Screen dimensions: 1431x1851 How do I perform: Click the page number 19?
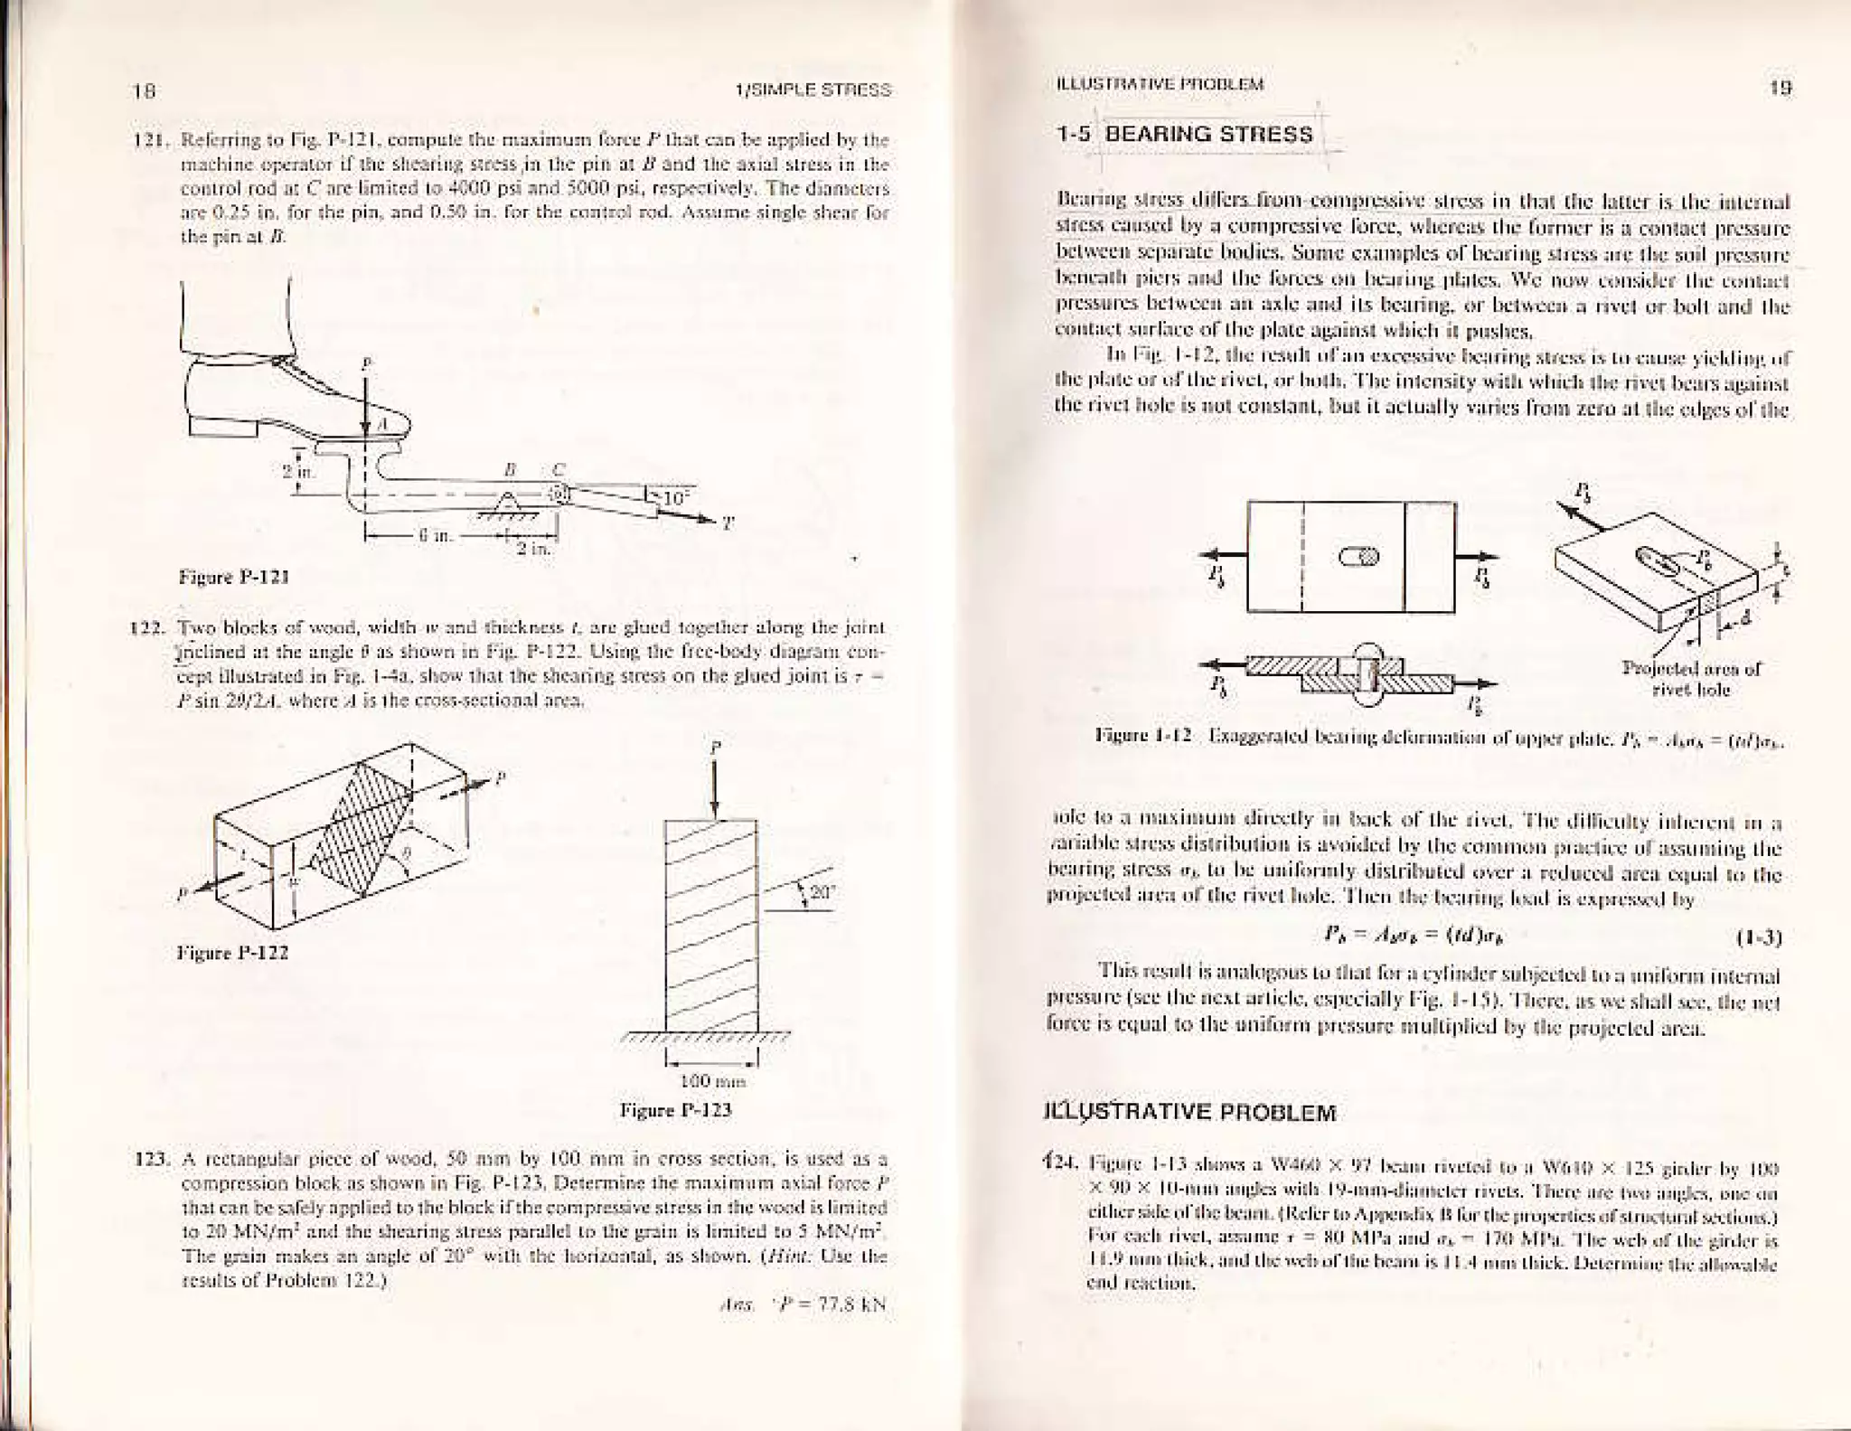1781,88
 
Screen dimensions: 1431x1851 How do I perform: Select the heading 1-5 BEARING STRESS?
1185,135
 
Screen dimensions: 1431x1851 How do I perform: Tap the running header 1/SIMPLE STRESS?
813,90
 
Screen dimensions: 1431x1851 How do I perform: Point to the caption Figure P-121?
234,576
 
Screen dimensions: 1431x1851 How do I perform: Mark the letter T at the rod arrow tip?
728,524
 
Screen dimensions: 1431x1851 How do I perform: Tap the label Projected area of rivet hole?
1691,679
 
